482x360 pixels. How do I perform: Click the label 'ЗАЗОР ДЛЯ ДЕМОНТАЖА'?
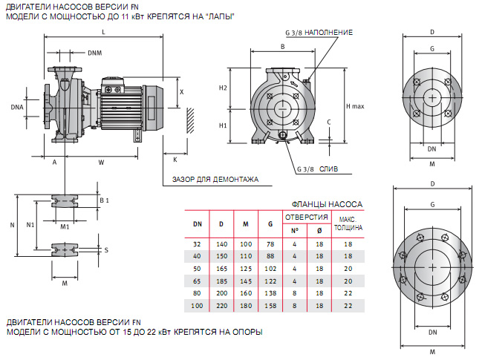[215, 179]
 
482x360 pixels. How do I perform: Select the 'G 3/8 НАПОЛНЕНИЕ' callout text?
[319, 33]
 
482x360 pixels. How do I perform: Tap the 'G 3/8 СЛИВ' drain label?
[316, 169]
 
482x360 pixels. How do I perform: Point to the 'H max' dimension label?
[355, 106]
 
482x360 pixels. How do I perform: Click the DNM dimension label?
[95, 53]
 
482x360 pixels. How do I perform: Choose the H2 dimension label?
[223, 88]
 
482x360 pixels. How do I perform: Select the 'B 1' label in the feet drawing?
[104, 200]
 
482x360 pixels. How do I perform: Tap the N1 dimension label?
[30, 223]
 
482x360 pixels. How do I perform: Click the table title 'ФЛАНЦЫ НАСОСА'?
[326, 203]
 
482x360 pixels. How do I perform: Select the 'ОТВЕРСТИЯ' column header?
[306, 217]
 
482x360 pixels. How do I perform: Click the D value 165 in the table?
[221, 268]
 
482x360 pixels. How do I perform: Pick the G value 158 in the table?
[270, 305]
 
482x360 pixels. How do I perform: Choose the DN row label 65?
[197, 281]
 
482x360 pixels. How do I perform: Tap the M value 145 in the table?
[245, 281]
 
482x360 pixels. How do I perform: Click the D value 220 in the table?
[221, 305]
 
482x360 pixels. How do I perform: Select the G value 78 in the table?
[270, 243]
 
